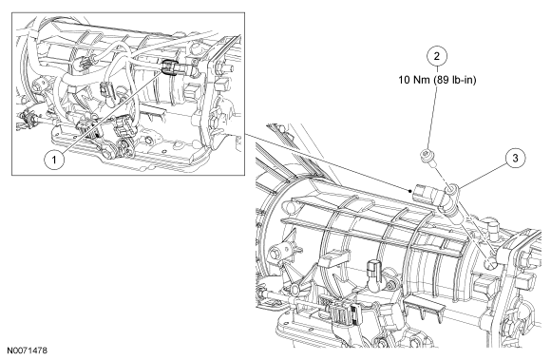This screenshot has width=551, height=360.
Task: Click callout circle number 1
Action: [x=54, y=160]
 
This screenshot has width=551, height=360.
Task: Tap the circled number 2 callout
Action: [x=437, y=56]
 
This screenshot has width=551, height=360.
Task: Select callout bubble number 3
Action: [x=515, y=158]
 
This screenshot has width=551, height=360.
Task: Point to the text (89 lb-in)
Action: [x=455, y=80]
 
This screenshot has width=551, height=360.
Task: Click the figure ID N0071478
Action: [x=27, y=351]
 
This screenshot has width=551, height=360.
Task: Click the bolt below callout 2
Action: [x=427, y=157]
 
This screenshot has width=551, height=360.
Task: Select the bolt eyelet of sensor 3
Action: [x=452, y=190]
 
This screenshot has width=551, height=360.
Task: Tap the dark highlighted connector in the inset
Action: [x=169, y=67]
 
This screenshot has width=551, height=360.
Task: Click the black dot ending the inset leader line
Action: [x=410, y=192]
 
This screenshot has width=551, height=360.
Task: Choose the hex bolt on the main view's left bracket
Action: [x=276, y=254]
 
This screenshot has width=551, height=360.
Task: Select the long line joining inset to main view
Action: [x=328, y=162]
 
